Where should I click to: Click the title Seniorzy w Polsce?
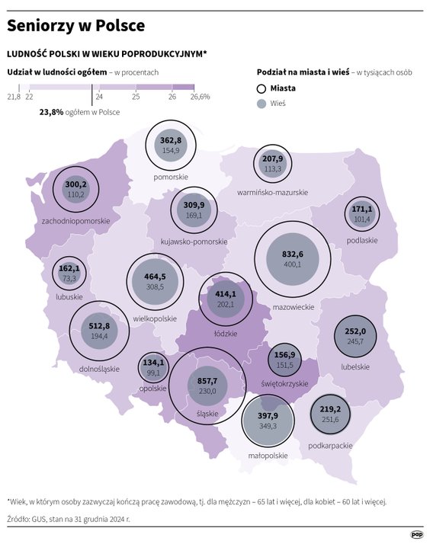75,26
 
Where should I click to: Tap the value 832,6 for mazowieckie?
292,254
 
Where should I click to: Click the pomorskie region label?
171,177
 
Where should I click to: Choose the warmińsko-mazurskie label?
272,192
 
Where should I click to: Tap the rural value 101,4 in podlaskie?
361,219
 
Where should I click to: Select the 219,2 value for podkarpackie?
330,408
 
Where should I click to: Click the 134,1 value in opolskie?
152,363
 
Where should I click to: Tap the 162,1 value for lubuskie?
69,269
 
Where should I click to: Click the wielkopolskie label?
154,318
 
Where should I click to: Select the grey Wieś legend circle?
262,103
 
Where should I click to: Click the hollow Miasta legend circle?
262,88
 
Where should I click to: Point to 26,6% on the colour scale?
201,97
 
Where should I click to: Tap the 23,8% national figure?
53,111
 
